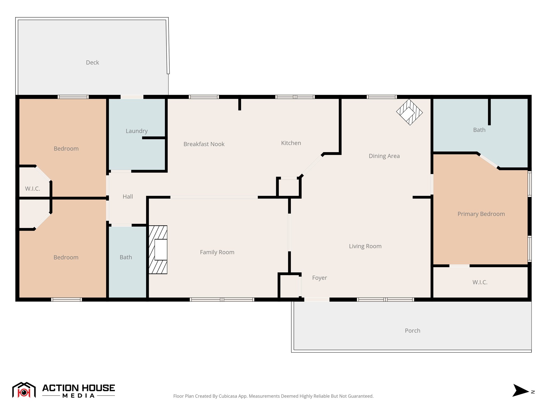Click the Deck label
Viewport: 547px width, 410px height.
[92, 62]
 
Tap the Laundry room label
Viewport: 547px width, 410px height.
[136, 131]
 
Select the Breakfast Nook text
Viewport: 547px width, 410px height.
[204, 144]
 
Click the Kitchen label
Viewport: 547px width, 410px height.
[291, 143]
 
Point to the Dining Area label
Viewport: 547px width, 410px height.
[384, 156]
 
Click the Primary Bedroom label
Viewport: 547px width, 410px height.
[481, 214]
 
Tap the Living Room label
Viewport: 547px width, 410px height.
[365, 246]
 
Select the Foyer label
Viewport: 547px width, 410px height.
[319, 278]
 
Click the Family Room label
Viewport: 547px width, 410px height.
[217, 252]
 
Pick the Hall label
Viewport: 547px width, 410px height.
[128, 197]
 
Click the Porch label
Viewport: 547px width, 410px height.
[412, 331]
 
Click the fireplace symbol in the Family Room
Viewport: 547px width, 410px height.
[158, 250]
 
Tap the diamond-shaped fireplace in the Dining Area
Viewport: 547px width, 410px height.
[409, 112]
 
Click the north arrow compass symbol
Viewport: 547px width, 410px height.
[520, 391]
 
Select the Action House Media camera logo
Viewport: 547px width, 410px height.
[24, 390]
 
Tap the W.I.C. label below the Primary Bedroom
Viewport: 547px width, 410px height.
[480, 282]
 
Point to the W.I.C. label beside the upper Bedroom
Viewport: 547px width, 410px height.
[33, 189]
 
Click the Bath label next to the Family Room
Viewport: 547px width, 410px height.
[126, 257]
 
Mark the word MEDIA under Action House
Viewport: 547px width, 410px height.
[79, 396]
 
